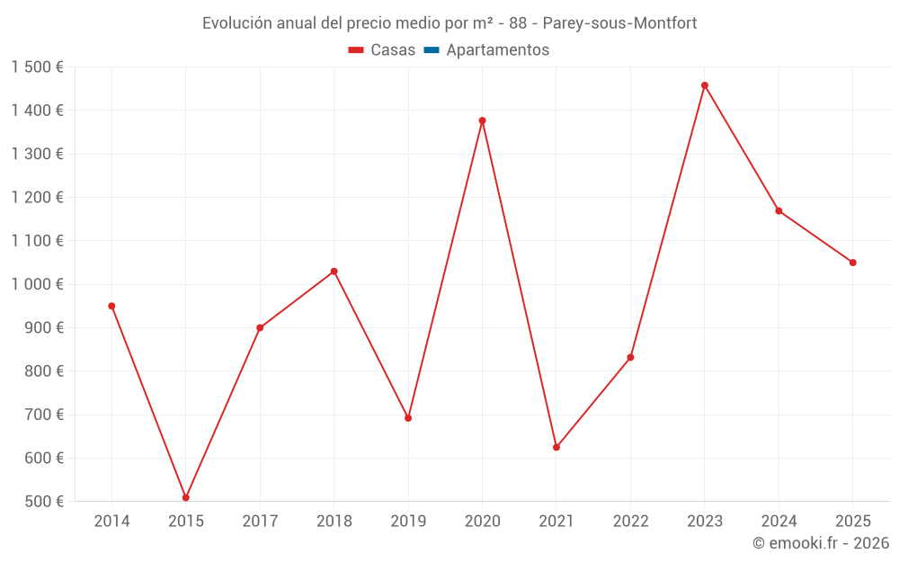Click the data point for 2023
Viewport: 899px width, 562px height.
pos(704,85)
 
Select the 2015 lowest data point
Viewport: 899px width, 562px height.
pos(186,497)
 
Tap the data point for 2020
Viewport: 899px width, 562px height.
pos(482,120)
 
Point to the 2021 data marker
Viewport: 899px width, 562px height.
pos(556,447)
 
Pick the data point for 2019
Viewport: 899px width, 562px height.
pos(408,418)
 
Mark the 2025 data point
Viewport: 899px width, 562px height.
pos(852,263)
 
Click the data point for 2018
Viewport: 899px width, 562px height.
pos(334,272)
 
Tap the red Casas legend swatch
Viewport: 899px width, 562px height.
pos(356,50)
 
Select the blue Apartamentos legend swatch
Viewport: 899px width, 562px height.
pos(432,50)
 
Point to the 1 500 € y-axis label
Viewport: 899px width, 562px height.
pos(38,67)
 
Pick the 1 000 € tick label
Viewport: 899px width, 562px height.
pos(38,284)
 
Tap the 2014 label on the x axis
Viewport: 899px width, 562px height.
pos(111,522)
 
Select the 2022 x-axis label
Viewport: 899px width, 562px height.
pos(630,522)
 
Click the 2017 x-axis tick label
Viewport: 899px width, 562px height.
pos(260,522)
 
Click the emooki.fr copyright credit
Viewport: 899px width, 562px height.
pos(820,543)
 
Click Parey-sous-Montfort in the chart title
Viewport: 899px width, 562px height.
pos(619,23)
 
